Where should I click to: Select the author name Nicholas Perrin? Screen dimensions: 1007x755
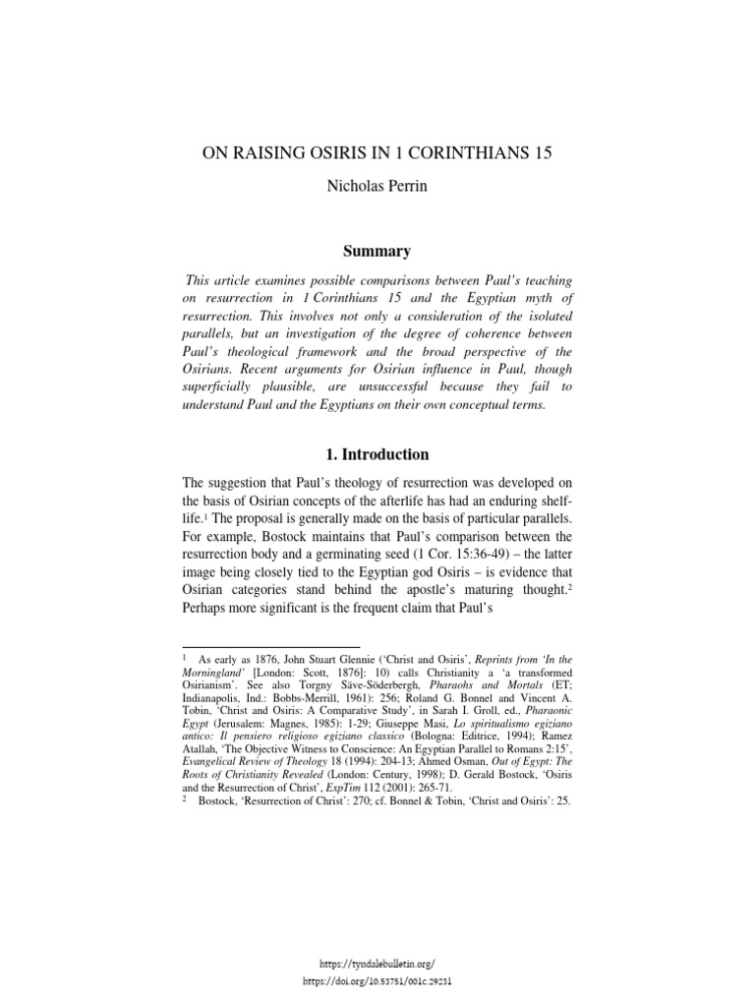(377, 187)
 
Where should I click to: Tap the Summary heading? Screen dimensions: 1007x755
(377, 251)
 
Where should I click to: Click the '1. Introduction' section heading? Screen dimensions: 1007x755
(377, 454)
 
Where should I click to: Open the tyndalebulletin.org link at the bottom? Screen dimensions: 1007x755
(378, 965)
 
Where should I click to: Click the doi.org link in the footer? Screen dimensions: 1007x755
(378, 981)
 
